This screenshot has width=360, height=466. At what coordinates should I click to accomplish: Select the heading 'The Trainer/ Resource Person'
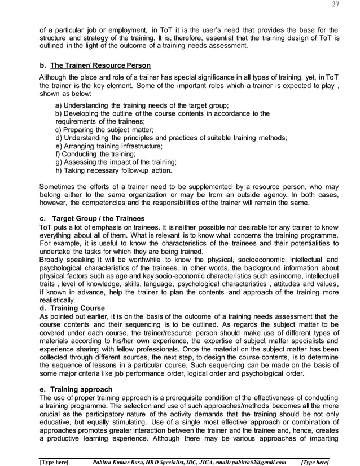tap(99, 65)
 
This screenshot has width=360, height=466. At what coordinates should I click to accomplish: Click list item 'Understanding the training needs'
tap(142, 105)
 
